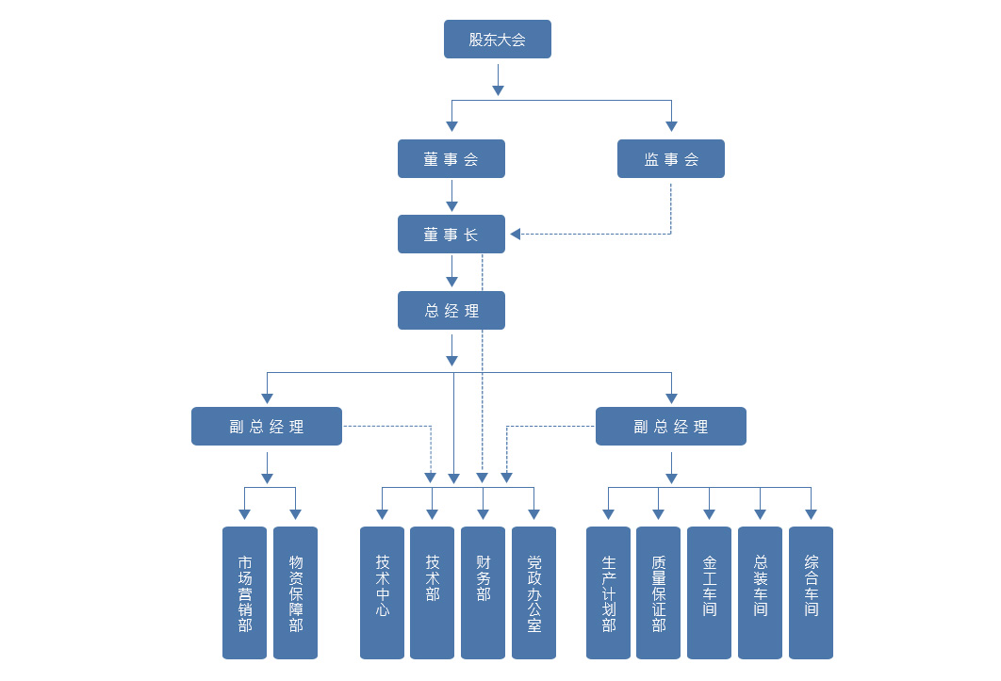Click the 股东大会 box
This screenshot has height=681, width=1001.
[x=498, y=40]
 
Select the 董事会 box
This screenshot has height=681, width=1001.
[x=451, y=159]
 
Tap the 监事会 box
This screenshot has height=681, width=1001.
[x=671, y=159]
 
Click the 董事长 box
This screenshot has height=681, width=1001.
[x=451, y=235]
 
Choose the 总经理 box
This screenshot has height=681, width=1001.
[x=451, y=311]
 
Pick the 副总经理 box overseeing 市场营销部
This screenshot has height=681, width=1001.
[x=267, y=427]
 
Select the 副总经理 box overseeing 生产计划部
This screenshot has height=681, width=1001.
[x=671, y=427]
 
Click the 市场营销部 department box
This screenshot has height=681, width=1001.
[x=245, y=592]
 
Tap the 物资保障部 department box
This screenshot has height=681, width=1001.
[x=295, y=592]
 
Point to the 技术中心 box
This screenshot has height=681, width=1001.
[x=383, y=592]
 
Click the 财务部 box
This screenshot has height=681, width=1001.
[x=483, y=592]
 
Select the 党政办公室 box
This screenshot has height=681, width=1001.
[x=533, y=592]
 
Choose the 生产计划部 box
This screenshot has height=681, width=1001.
[x=609, y=592]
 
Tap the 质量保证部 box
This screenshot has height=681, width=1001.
[x=659, y=592]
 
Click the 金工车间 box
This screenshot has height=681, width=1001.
[x=710, y=592]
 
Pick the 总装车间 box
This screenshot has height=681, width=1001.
[x=761, y=592]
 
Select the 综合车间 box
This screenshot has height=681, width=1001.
[x=811, y=592]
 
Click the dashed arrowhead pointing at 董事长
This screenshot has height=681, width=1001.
[x=516, y=235]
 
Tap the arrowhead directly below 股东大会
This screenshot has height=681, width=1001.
[x=498, y=89]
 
